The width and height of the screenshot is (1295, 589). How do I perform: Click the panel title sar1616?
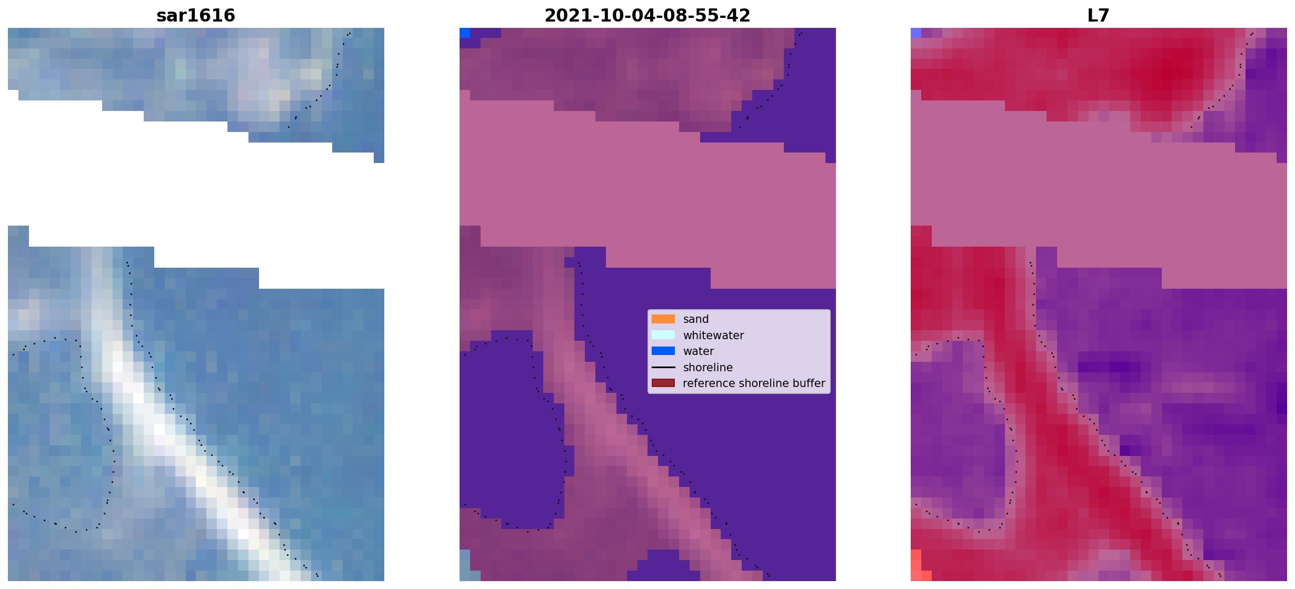[196, 16]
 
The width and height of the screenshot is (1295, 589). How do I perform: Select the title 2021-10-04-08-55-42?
[647, 16]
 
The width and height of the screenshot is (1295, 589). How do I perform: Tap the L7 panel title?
[1098, 16]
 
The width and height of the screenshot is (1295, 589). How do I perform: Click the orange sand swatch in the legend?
[663, 319]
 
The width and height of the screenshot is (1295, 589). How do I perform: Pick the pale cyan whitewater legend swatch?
[663, 335]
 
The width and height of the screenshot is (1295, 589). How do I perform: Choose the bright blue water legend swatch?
[663, 351]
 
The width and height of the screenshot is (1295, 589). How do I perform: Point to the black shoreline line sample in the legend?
[663, 368]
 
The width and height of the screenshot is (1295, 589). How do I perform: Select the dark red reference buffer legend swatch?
[663, 383]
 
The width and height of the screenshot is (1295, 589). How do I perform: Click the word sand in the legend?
[696, 319]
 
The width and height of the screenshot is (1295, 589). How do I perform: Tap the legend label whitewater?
[713, 336]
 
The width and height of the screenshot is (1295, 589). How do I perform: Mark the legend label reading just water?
[699, 351]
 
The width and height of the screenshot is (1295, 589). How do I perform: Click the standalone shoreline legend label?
[708, 368]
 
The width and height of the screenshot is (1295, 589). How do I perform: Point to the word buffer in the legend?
[808, 383]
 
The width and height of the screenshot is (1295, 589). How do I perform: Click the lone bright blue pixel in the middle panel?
[465, 33]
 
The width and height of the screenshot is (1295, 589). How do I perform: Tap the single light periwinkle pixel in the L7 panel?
[916, 33]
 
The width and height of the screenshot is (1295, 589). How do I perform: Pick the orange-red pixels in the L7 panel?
[919, 566]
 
